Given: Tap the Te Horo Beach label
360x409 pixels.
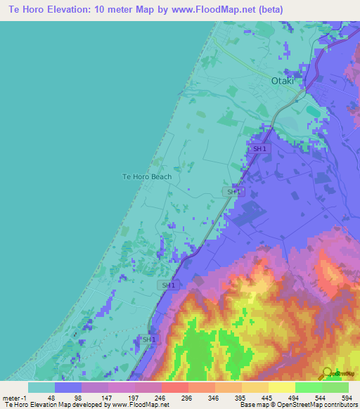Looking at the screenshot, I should [147, 176].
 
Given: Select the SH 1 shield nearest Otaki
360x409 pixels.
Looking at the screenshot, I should [259, 148].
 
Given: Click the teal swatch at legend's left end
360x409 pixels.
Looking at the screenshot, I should [41, 387].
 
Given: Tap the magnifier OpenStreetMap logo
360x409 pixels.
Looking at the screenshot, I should [328, 372].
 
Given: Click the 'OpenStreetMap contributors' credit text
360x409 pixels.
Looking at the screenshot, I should [316, 404].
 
